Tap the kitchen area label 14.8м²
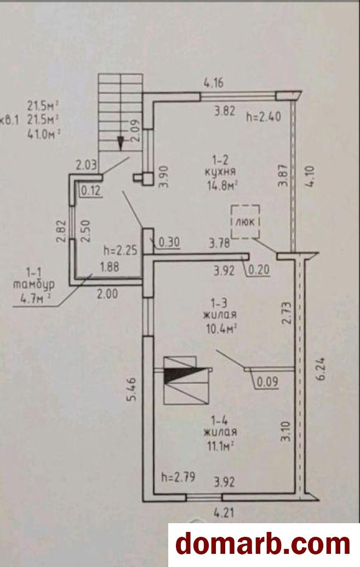222,186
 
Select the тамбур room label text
34,284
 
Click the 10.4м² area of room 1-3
221,329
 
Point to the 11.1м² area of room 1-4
220,446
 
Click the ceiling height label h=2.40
264,117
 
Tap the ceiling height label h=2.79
179,477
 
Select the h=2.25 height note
121,250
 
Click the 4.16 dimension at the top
214,83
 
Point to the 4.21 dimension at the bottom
224,512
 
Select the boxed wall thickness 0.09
267,381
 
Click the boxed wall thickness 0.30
169,242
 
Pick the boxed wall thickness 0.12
90,191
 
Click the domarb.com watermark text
263,544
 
